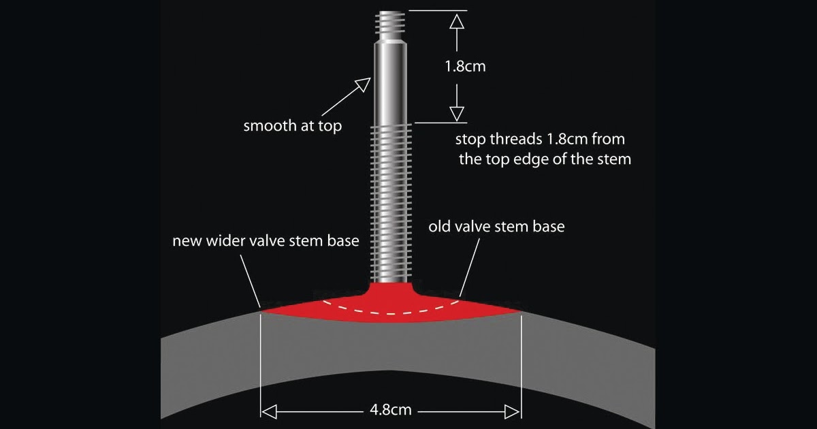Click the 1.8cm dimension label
point(465,67)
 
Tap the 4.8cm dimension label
point(390,411)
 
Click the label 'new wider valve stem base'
point(265,241)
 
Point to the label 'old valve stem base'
point(496,226)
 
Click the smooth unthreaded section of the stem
point(390,82)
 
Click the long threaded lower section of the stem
point(390,204)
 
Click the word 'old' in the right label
point(439,226)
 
